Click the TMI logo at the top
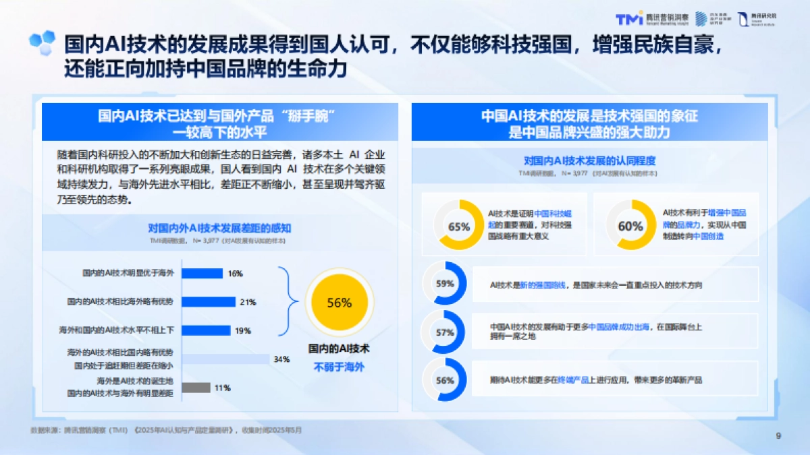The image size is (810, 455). click(x=631, y=19)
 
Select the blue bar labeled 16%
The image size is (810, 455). click(x=202, y=274)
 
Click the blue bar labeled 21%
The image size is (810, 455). click(x=209, y=302)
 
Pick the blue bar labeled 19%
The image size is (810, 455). click(x=207, y=330)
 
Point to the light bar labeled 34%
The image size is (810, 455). click(x=225, y=359)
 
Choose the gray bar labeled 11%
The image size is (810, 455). click(x=196, y=388)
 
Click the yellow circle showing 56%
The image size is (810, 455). click(x=339, y=303)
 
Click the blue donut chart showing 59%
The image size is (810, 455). click(x=445, y=284)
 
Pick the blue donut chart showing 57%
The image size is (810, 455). click(x=445, y=332)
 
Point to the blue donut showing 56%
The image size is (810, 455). click(x=445, y=380)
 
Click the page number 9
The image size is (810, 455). click(x=778, y=436)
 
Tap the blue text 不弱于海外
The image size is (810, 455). click(x=339, y=367)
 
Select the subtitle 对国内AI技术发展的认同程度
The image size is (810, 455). click(x=590, y=161)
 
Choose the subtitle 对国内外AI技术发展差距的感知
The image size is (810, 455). click(x=219, y=228)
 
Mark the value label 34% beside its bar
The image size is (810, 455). click(x=281, y=359)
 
